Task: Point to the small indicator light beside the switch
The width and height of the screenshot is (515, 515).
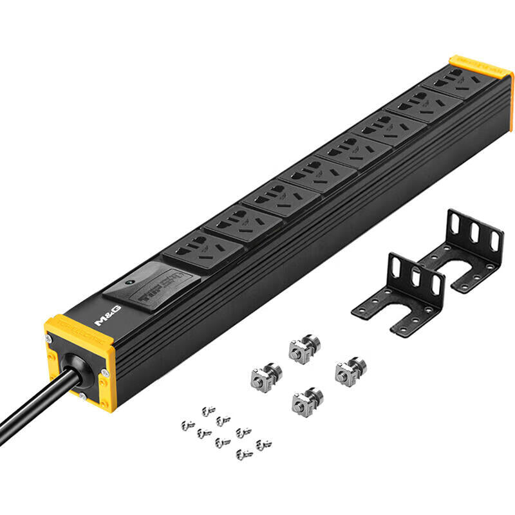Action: pos(129,282)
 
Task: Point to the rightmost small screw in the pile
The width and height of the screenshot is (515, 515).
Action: pos(263,445)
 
